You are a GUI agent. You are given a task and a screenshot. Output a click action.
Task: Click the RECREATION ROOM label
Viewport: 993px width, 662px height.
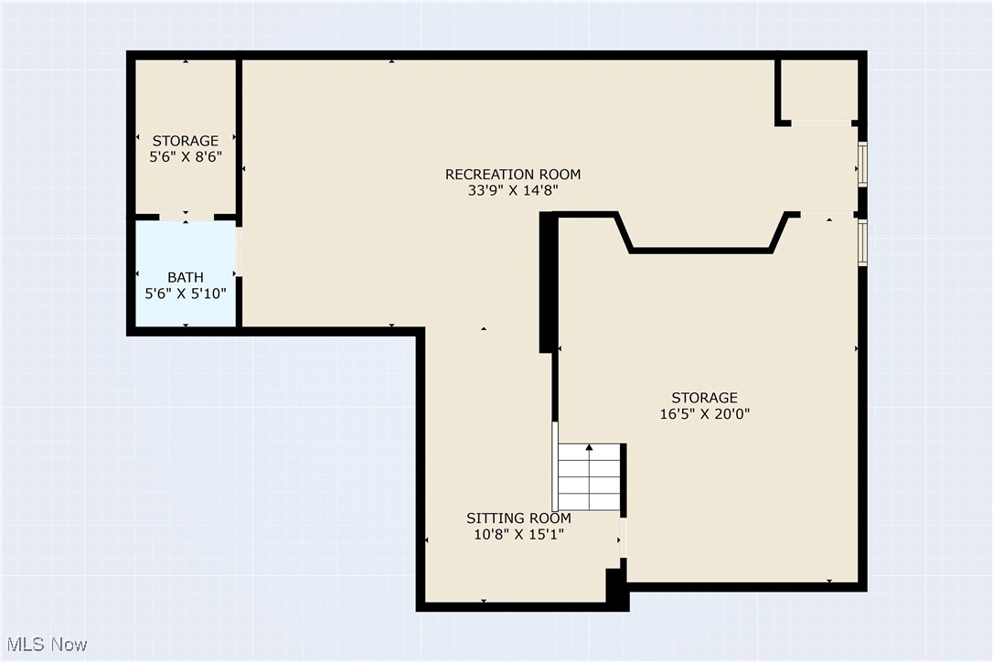512,175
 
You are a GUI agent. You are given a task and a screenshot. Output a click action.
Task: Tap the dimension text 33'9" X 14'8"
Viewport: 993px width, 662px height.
512,191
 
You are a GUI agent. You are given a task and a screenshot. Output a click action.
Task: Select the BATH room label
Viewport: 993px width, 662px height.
186,277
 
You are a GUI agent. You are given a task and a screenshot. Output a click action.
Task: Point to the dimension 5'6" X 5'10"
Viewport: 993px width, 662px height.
186,294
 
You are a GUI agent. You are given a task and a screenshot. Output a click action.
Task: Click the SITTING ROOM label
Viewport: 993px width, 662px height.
518,518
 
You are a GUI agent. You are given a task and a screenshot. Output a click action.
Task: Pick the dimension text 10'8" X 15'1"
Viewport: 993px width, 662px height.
518,535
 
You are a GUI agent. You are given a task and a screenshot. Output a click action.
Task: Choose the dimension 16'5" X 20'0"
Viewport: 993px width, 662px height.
704,413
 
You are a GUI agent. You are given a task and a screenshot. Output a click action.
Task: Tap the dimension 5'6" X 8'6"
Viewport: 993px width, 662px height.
186,157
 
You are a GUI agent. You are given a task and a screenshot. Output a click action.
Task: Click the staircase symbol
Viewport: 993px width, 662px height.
590,477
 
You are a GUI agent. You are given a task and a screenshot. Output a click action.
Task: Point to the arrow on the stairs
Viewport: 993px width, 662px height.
590,449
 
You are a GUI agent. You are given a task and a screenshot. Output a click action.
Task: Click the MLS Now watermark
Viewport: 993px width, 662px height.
45,645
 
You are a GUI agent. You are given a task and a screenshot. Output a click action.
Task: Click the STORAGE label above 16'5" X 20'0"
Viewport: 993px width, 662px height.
704,398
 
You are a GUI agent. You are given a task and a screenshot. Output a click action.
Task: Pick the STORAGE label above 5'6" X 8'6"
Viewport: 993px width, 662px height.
186,141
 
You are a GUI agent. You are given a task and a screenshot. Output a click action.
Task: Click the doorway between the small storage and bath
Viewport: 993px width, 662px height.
187,218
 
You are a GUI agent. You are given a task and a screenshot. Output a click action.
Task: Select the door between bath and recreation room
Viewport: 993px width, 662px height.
240,252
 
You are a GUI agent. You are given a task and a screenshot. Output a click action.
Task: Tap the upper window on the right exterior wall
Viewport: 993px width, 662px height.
861,165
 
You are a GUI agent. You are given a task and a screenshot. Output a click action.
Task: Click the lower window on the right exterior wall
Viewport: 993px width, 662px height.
861,241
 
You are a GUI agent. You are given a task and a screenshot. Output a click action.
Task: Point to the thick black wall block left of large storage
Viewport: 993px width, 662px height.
547,282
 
